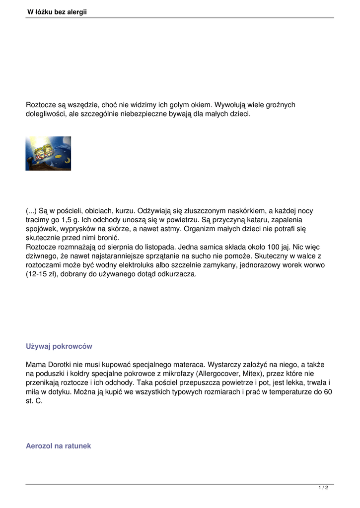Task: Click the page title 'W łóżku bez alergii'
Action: pos(57,12)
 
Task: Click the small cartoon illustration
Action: pos(48,153)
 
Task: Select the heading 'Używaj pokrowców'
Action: pos(59,346)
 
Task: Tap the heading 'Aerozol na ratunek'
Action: pos(58,446)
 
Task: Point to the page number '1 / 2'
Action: pos(323,488)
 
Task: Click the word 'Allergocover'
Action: pos(219,374)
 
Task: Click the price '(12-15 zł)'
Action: pos(42,274)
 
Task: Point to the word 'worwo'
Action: pos(314,265)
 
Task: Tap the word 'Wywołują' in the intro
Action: pos(229,105)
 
